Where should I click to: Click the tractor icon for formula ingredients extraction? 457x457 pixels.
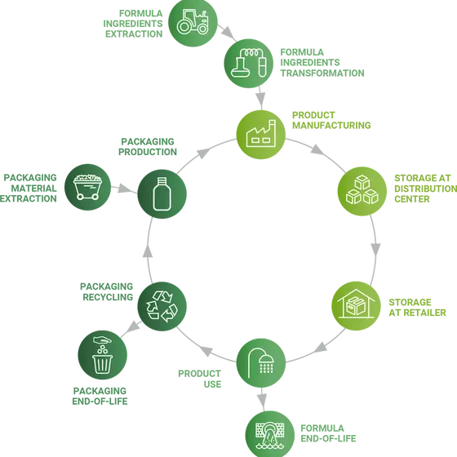pos(193,22)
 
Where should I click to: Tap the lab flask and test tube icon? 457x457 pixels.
pos(249,63)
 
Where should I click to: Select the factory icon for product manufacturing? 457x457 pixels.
pos(261,134)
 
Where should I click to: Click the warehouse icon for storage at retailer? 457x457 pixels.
pos(356,304)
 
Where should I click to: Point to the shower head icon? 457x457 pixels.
pos(261,362)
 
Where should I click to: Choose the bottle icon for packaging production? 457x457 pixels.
pos(162,193)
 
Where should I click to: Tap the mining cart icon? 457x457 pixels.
pos(87,187)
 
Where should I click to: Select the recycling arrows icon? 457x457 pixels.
pos(162,306)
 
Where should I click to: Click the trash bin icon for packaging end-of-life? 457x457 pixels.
pos(103,355)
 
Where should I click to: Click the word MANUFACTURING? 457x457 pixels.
pos(331,126)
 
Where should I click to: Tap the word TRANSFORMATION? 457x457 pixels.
pos(322,73)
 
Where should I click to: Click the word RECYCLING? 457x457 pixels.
pos(108,297)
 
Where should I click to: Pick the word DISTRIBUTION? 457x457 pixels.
pos(426,189)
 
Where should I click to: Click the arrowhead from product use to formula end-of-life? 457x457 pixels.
pos(262,401)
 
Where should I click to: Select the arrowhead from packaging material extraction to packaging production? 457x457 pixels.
pos(125,189)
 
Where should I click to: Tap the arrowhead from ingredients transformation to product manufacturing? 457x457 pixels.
pos(261,98)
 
